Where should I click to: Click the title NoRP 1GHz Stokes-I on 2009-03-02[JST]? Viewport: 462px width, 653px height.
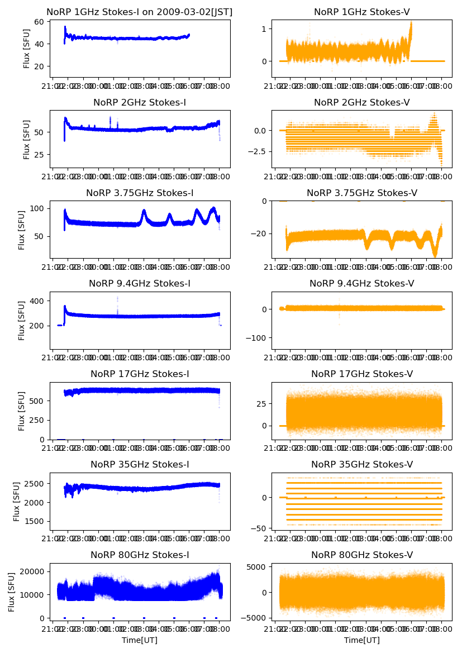pos(140,12)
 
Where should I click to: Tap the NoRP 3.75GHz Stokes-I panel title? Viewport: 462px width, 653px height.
pos(140,193)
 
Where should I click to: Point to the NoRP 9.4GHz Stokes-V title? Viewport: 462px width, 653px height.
pos(362,284)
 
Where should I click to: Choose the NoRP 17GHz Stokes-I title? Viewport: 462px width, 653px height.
pos(140,374)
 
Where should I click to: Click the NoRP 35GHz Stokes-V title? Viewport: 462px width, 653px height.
pos(362,465)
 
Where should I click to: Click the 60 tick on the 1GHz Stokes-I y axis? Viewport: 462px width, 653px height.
pos(41,22)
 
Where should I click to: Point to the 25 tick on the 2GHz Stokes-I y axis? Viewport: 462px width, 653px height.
pos(41,155)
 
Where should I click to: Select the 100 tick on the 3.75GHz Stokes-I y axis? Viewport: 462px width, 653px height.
pos(39,209)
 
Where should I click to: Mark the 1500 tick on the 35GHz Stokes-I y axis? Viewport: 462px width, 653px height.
pos(36,521)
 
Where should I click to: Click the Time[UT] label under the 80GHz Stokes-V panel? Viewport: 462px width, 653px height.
pos(362,640)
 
